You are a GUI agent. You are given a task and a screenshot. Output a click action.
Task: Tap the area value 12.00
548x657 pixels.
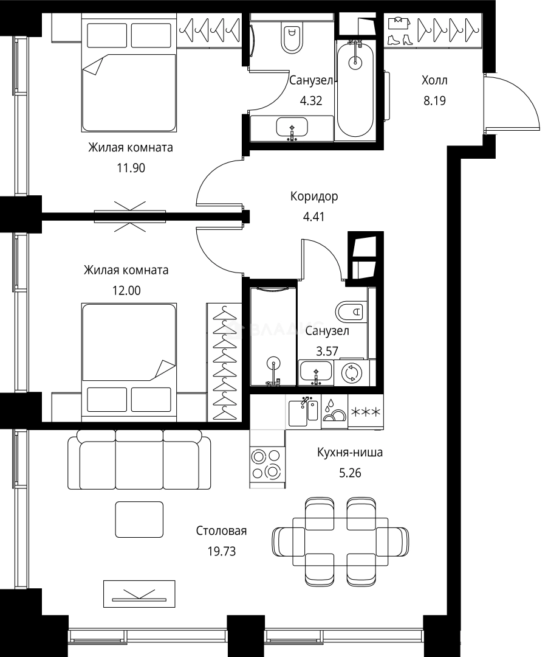(x=126, y=291)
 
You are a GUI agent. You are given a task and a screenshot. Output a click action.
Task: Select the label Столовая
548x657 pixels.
(x=221, y=531)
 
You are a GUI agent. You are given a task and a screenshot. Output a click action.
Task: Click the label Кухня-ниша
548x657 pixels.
(x=350, y=453)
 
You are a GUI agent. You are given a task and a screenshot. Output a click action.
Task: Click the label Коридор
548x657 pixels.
(x=313, y=196)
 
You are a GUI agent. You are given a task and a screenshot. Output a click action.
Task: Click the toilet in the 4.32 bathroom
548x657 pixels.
(x=292, y=36)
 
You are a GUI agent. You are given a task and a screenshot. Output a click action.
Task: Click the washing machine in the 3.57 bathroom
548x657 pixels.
(x=352, y=373)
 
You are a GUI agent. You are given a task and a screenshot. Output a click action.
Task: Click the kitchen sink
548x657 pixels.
(x=303, y=411)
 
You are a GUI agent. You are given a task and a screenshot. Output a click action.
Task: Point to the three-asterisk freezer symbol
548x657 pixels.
(x=366, y=412)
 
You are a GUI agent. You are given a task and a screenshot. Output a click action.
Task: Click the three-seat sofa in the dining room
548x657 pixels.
(x=139, y=459)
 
